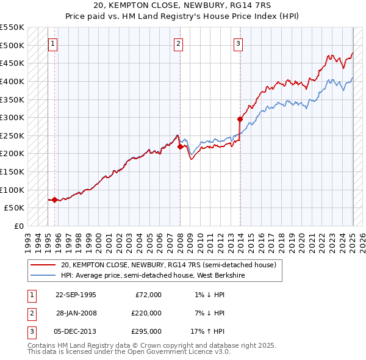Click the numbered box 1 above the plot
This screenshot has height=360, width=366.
pyautogui.click(x=53, y=43)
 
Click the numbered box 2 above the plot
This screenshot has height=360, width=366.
pyautogui.click(x=178, y=43)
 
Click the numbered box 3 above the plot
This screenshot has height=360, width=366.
pyautogui.click(x=237, y=43)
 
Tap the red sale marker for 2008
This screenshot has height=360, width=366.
pyautogui.click(x=180, y=146)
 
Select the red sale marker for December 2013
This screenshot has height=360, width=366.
pyautogui.click(x=240, y=119)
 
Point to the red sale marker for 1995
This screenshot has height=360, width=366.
pyautogui.click(x=55, y=200)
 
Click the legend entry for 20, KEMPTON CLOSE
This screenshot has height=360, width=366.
pyautogui.click(x=168, y=265)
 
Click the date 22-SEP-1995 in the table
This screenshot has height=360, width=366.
pyautogui.click(x=76, y=295)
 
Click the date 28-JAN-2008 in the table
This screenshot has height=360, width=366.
pyautogui.click(x=76, y=313)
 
